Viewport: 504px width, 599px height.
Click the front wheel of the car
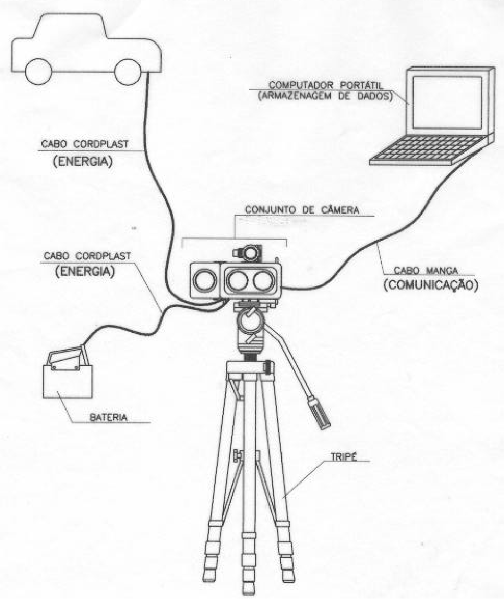[x=128, y=72]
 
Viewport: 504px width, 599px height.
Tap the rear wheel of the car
[x=38, y=72]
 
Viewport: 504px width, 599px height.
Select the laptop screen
[x=447, y=102]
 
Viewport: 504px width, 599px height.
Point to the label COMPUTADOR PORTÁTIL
[x=326, y=86]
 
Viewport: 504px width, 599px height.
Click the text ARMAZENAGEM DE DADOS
[x=326, y=96]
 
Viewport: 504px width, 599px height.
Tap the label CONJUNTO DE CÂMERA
[x=302, y=210]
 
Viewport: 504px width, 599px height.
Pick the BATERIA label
[x=109, y=417]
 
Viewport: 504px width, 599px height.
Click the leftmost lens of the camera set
[x=205, y=280]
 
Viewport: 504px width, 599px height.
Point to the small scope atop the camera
[x=248, y=252]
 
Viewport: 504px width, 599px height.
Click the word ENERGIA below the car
[x=83, y=162]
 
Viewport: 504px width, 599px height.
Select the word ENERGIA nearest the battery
[x=85, y=271]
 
